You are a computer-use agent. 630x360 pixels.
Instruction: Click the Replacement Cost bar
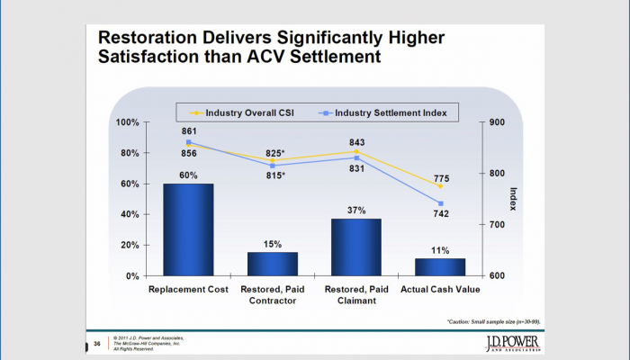click(x=188, y=229)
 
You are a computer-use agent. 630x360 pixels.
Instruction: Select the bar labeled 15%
click(x=272, y=264)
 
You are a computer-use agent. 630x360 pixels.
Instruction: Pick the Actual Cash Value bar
click(x=440, y=266)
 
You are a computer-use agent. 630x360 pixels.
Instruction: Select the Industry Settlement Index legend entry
click(x=386, y=112)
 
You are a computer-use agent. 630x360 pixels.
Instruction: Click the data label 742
click(x=441, y=214)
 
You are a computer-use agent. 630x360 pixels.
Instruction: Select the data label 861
click(x=187, y=131)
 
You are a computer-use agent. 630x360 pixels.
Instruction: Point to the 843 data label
click(x=356, y=141)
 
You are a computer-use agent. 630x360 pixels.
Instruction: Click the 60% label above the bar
click(x=187, y=175)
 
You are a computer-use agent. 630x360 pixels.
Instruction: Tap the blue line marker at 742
click(x=441, y=203)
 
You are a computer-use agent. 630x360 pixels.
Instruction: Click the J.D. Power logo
click(x=507, y=346)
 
